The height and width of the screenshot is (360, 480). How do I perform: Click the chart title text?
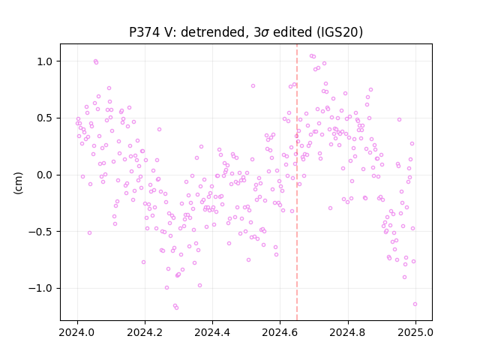pyautogui.click(x=246, y=32)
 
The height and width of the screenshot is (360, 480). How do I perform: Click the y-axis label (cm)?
pyautogui.click(x=18, y=183)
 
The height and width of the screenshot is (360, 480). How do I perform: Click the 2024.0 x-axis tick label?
pyautogui.click(x=77, y=332)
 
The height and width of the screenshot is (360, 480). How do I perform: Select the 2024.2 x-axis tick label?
pyautogui.click(x=145, y=332)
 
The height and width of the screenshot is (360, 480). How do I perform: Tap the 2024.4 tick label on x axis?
pyautogui.click(x=212, y=332)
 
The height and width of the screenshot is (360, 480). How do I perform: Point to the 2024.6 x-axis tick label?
pyautogui.click(x=280, y=332)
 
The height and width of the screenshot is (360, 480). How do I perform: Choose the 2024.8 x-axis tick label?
pyautogui.click(x=348, y=332)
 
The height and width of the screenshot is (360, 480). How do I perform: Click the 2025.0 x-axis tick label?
pyautogui.click(x=415, y=332)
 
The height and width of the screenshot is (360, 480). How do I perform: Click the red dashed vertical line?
pyautogui.click(x=297, y=182)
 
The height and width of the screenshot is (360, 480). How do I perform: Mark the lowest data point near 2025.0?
pyautogui.click(x=415, y=304)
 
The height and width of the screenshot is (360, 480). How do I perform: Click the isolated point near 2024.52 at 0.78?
pyautogui.click(x=253, y=86)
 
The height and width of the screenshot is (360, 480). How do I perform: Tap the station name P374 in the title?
pyautogui.click(x=145, y=32)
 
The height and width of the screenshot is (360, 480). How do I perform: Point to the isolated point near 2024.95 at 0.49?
pyautogui.click(x=399, y=120)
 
